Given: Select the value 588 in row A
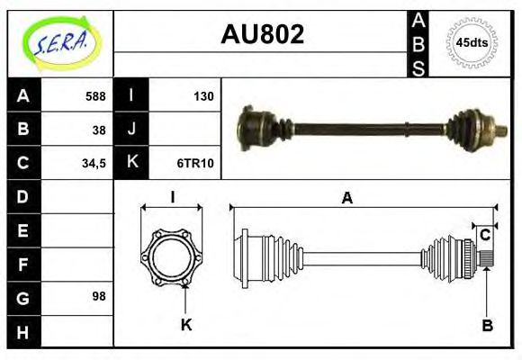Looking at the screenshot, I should [94, 96].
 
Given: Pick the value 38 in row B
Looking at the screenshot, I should [99, 130].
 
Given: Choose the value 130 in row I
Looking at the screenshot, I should [202, 96].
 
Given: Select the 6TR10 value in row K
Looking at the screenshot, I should [194, 164].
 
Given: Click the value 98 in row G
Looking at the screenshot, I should [99, 295].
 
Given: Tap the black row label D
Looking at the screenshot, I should [23, 196].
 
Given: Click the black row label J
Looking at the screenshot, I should [131, 130].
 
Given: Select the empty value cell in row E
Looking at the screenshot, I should [77, 230].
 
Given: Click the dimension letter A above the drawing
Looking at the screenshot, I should [346, 198].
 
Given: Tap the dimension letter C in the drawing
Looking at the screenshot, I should [485, 236].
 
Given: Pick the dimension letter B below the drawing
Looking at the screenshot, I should [486, 324].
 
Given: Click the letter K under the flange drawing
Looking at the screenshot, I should [185, 324].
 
